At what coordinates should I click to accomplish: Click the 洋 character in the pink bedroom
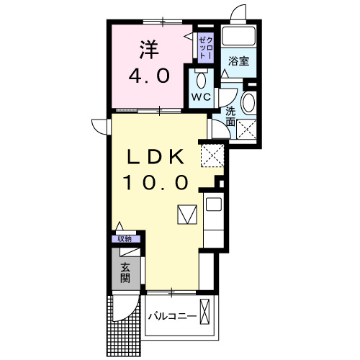[148, 50]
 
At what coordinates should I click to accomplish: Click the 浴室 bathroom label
[239, 61]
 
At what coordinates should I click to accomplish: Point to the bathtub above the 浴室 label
[238, 37]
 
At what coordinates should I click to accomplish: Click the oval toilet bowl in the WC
[200, 78]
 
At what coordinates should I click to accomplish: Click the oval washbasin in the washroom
[248, 102]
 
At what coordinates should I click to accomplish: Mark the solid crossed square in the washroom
[248, 130]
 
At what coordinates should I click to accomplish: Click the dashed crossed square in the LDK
[212, 154]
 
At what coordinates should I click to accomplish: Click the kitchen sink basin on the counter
[214, 204]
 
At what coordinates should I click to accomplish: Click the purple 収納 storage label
[125, 239]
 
